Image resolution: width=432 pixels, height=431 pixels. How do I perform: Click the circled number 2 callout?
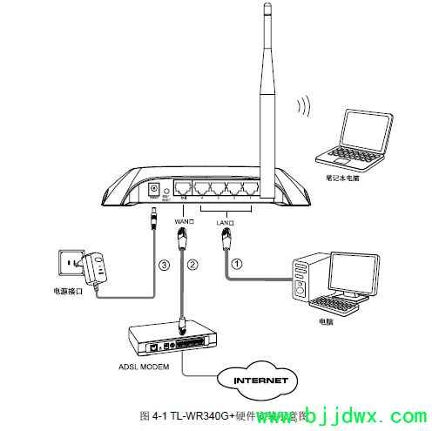[192, 264]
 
